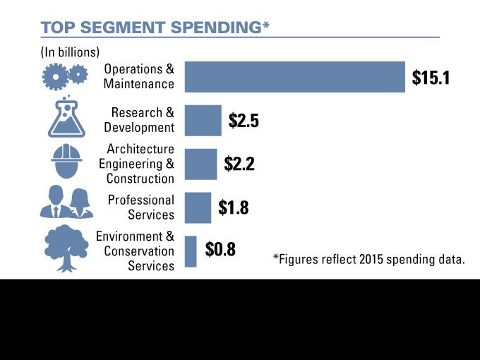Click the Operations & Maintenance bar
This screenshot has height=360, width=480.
click(295, 77)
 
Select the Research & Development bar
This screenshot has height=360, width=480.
click(203, 121)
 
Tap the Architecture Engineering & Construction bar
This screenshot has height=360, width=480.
click(200, 164)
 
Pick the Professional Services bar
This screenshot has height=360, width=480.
click(198, 208)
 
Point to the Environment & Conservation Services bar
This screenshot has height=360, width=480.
click(191, 251)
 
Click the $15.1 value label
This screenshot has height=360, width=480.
click(431, 78)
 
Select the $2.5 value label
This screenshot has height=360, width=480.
click(244, 121)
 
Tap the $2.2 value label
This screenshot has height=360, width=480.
click(239, 164)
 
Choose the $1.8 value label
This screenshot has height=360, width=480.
click(233, 208)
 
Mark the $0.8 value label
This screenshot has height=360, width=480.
click(220, 250)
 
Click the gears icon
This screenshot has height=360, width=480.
click(65, 76)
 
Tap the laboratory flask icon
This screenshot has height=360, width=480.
click(66, 116)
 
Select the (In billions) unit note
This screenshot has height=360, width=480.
click(70, 52)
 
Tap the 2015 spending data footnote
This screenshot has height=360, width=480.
click(369, 259)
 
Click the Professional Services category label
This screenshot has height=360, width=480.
click(140, 208)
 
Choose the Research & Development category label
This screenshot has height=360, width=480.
click(138, 120)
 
